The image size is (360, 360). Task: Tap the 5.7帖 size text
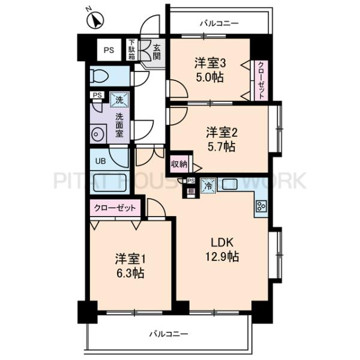coord(221,147)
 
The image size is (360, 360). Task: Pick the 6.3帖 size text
coord(130,273)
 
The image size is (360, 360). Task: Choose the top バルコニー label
coord(218,24)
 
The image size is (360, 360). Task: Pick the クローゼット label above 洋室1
coord(116,208)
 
